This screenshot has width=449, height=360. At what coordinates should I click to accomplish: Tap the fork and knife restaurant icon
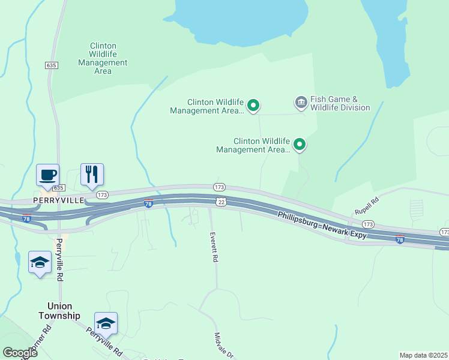(x=92, y=175)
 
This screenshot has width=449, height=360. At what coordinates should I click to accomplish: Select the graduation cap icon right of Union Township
(x=106, y=323)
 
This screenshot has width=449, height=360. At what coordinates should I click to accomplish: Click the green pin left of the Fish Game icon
(x=253, y=106)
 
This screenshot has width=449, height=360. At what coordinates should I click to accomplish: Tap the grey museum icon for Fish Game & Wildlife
(x=301, y=103)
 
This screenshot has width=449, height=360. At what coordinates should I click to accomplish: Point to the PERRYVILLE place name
(x=59, y=200)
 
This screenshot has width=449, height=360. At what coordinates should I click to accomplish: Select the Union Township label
(x=59, y=311)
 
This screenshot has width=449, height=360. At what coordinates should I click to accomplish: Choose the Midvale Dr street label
(x=224, y=346)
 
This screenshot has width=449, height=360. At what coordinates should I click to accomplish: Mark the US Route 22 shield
(x=221, y=202)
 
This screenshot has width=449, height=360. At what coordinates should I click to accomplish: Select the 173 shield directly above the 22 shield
(x=219, y=187)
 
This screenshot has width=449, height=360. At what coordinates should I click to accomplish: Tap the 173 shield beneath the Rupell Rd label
(x=368, y=224)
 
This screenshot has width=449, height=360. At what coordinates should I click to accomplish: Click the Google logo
(x=20, y=353)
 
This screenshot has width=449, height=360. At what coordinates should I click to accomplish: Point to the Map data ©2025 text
(x=423, y=355)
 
